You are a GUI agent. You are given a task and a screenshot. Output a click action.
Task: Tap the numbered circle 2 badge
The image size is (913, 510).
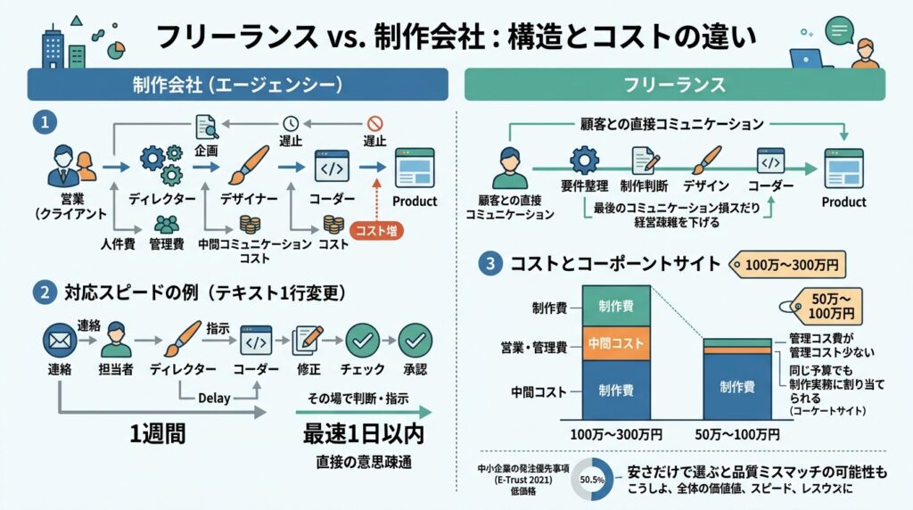(42, 291)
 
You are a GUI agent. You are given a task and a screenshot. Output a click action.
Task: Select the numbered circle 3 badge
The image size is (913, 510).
(489, 263)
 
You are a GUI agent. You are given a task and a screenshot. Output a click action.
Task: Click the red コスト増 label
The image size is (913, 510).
(378, 230)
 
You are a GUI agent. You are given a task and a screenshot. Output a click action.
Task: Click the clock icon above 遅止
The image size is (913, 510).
(291, 124)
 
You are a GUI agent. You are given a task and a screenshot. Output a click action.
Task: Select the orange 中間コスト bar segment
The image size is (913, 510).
(617, 343)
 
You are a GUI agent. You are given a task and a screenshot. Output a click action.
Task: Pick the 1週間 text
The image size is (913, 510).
(160, 436)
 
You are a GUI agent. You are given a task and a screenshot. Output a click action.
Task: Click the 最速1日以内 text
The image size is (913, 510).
(363, 436)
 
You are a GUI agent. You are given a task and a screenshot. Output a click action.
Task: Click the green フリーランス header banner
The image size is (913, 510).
(674, 85)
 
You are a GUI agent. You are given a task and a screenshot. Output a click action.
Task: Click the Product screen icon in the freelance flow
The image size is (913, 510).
(843, 167)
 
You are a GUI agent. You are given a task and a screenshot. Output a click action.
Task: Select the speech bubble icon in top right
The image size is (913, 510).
(840, 30)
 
